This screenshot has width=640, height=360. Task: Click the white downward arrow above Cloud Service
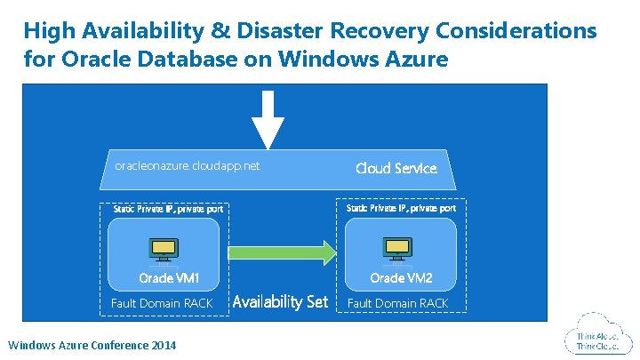coord(268,119)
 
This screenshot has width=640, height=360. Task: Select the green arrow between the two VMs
coord(283,252)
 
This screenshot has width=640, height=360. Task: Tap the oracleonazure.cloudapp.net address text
coord(188,165)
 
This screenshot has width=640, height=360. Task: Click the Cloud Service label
coord(396,168)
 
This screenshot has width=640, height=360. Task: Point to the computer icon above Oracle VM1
coord(163,250)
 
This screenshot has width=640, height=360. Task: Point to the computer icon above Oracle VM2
coord(396,250)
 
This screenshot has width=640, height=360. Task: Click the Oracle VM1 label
coord(169,279)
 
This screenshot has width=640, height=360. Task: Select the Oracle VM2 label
coord(401,279)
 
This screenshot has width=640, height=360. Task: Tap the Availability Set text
coord(280,302)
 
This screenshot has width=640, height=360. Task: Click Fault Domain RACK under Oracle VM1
coord(162,303)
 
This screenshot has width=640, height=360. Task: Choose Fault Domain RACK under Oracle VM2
coord(398,303)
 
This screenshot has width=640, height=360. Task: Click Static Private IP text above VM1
coord(167,209)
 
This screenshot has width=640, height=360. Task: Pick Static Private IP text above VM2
coord(401,207)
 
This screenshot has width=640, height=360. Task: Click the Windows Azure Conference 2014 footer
coord(92,345)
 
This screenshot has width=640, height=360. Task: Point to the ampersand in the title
coord(219,31)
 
